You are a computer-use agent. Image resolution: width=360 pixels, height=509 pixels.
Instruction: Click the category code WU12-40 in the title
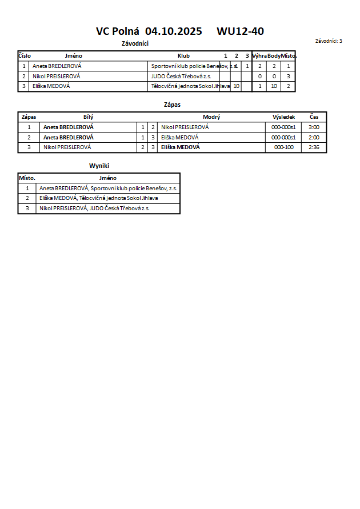pos(240,32)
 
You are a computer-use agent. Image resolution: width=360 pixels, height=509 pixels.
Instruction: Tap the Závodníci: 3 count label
pos(329,41)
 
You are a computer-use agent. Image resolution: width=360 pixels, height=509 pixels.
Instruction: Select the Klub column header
pos(183,56)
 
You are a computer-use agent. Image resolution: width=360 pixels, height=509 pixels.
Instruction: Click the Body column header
pos(274,56)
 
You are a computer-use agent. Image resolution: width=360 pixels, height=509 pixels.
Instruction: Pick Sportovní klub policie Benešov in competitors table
pos(190,66)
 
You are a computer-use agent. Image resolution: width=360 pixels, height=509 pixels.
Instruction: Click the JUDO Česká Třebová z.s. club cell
pos(181,76)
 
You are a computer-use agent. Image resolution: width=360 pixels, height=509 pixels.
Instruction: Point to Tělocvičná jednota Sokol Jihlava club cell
pos(190,86)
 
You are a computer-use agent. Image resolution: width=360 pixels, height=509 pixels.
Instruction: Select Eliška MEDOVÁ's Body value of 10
pos(274,86)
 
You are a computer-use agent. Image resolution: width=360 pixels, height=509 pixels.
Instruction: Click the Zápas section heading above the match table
pos(172,105)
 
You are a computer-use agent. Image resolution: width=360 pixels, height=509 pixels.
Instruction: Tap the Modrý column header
pos(211,117)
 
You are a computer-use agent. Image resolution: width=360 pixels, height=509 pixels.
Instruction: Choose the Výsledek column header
pos(283,117)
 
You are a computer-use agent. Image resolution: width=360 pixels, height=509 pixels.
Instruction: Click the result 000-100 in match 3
pos(283,147)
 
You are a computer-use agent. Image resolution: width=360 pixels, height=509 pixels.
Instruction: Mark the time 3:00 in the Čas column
pos(314,127)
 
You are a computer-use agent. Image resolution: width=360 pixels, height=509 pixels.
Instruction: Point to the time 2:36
pos(314,147)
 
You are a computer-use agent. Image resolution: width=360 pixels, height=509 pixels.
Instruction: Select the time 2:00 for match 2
pos(314,138)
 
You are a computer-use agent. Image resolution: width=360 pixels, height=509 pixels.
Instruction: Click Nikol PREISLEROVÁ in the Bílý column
pos(67,147)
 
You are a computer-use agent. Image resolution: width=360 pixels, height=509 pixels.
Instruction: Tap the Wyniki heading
pos(98,166)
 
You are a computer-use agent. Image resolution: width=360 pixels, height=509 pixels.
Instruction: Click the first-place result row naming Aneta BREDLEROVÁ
pos(108,188)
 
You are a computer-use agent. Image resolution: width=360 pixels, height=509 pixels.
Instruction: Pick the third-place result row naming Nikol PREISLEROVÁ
pos(94,209)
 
